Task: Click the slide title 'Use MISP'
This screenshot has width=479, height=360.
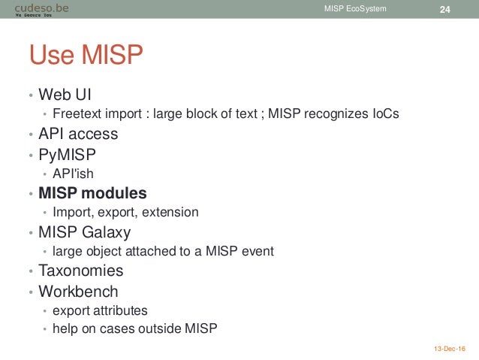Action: point(86,55)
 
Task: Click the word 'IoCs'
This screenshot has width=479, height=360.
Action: point(383,114)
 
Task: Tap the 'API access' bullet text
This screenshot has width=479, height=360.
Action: point(79,134)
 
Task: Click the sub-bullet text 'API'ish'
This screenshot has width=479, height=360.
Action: point(74,173)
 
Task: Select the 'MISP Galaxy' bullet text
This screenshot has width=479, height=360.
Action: point(85,231)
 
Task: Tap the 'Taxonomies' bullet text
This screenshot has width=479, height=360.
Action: point(81,271)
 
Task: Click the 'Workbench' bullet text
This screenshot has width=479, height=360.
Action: point(79,290)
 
